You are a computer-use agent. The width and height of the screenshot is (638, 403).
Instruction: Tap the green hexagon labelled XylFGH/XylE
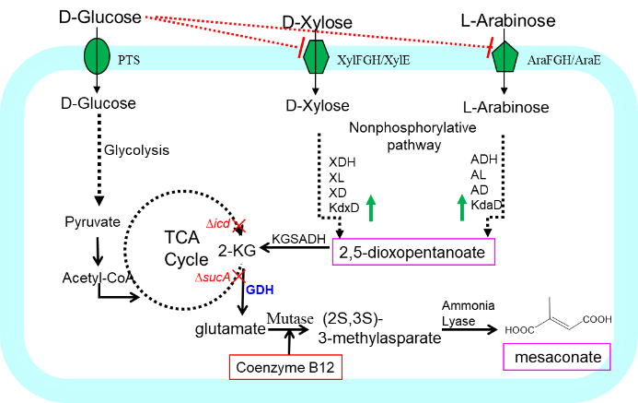point(316,57)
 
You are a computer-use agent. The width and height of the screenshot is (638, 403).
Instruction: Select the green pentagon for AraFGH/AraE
point(504,57)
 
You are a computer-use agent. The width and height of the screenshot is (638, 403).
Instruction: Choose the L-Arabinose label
point(506,108)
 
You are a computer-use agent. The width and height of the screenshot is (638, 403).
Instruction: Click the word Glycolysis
point(137,148)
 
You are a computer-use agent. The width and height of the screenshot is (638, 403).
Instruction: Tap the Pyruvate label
point(91,222)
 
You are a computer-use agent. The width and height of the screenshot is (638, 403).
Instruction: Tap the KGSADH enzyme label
point(299,239)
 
